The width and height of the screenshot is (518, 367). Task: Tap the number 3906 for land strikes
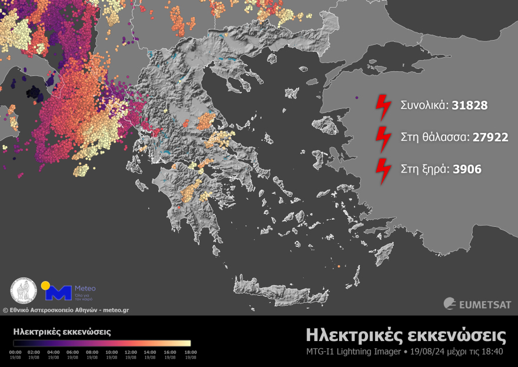[467, 169]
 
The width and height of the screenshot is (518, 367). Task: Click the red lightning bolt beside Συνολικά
[383, 106]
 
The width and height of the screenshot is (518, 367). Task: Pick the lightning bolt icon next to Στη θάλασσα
[383, 138]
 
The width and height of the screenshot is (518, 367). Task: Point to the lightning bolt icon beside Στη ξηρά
[383, 170]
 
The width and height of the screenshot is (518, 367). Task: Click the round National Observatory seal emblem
[24, 291]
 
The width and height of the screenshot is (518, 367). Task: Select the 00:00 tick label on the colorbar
[16, 352]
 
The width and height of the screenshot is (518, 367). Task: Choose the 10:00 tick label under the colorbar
[112, 352]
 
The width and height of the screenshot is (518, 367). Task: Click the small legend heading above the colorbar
[62, 332]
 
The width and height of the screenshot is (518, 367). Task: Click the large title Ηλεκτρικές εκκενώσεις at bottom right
[406, 336]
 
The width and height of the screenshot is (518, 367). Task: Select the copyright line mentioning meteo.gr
[66, 310]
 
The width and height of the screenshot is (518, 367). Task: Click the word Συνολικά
[424, 105]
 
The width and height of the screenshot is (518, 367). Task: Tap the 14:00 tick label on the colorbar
[150, 352]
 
